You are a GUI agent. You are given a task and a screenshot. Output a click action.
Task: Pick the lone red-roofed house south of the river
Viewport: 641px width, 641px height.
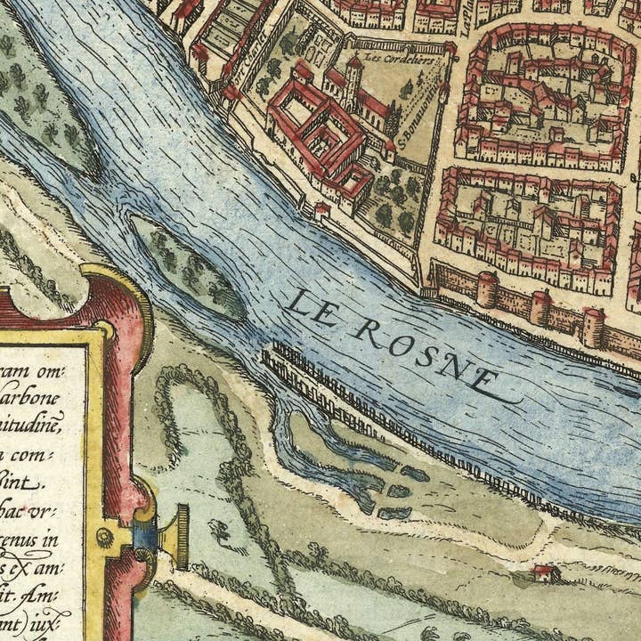click(545, 572)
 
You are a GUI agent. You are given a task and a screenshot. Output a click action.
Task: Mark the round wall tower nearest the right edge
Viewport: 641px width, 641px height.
click(593, 327)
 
